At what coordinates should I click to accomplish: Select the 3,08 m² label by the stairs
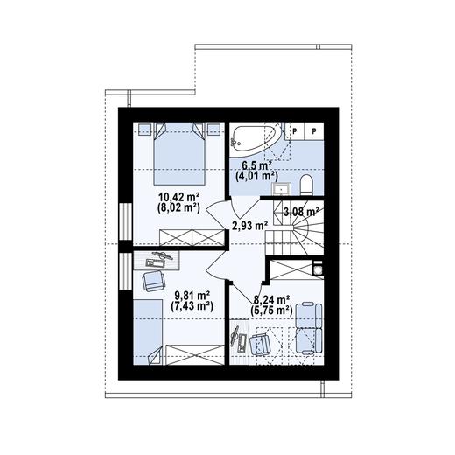point(298,210)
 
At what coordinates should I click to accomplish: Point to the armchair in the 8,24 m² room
point(260,343)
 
